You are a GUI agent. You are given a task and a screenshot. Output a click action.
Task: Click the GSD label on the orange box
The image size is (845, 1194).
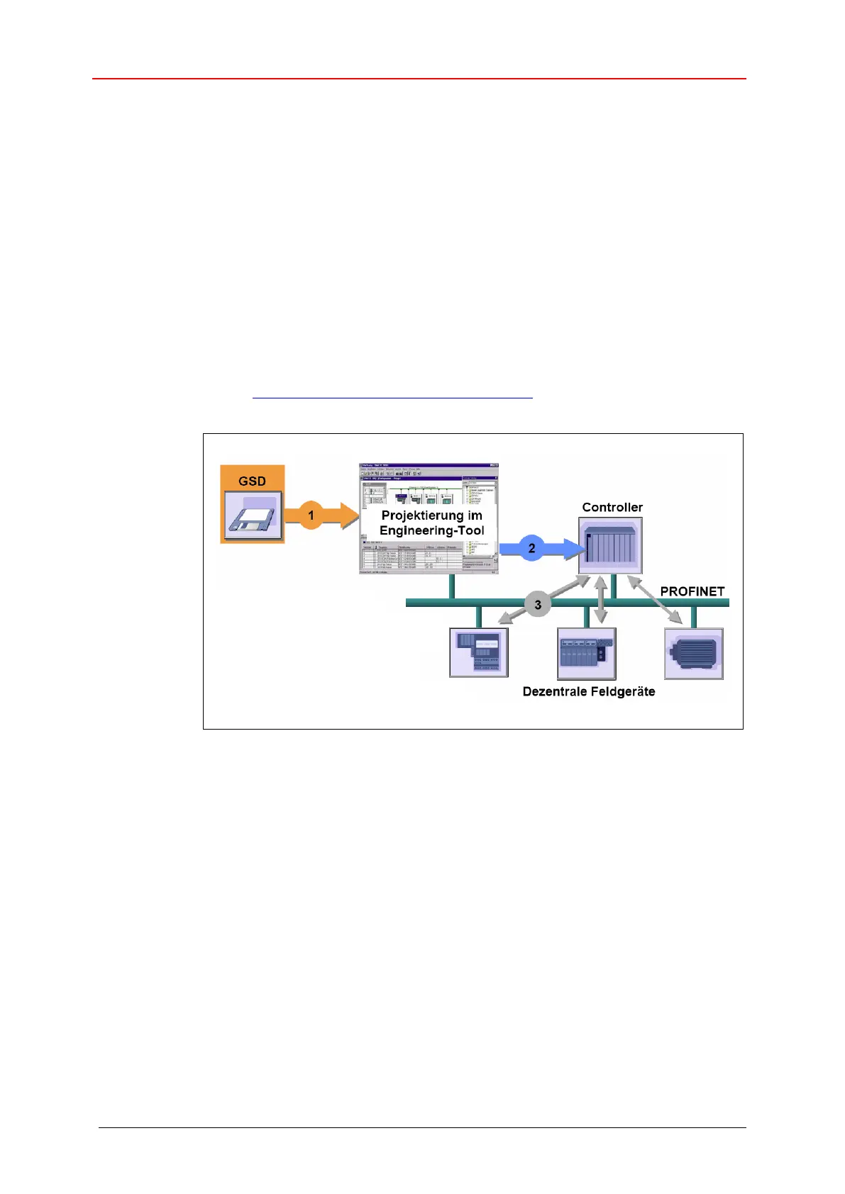[x=252, y=481]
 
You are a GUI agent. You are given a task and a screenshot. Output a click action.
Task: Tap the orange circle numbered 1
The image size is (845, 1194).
[x=311, y=515]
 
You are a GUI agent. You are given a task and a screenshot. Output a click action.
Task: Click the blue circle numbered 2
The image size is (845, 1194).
[x=531, y=548]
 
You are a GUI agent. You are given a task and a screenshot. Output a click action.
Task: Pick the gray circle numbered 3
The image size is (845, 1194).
[x=538, y=605]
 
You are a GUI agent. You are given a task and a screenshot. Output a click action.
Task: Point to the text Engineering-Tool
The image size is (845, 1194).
[x=431, y=530]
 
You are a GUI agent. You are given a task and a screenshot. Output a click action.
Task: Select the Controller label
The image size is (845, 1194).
[x=612, y=507]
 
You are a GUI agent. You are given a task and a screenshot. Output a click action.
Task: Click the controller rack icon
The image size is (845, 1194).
[x=611, y=546]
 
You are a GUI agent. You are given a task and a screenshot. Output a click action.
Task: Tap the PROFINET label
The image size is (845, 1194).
[x=692, y=591]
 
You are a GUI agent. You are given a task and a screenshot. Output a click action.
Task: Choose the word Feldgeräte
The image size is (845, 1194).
[x=624, y=691]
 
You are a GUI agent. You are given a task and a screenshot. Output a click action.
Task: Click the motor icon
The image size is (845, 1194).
[x=694, y=653]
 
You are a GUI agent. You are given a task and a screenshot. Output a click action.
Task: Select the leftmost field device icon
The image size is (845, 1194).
[x=480, y=653]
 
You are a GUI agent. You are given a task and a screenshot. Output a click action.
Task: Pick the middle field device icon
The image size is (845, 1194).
[x=586, y=653]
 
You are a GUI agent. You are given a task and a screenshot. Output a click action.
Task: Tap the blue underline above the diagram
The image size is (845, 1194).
[x=392, y=398]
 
